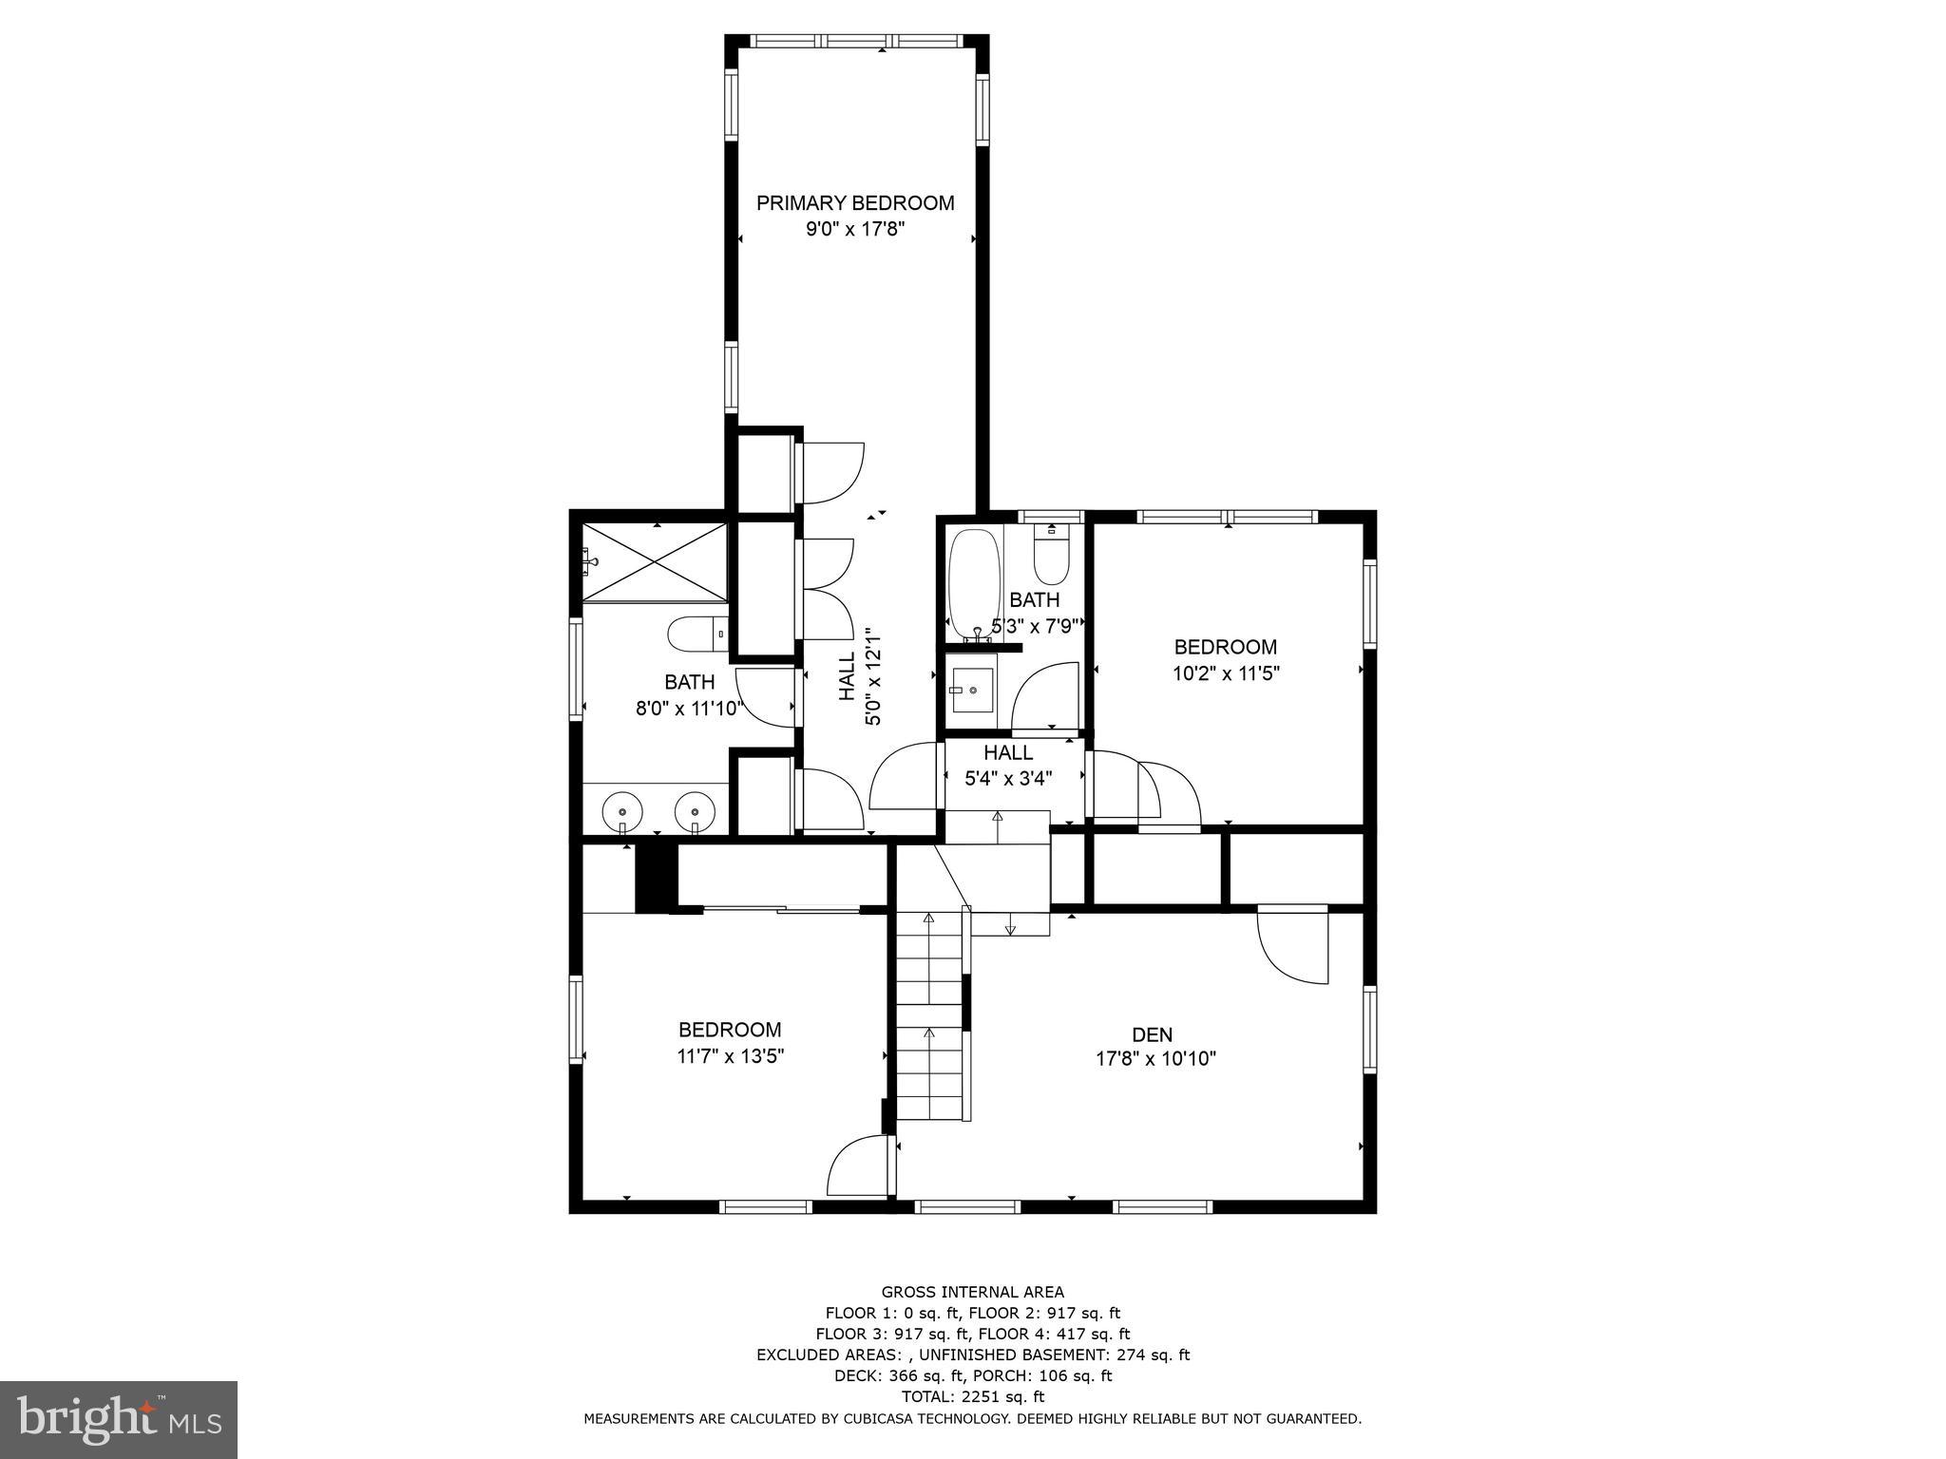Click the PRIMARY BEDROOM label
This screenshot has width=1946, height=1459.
point(854,202)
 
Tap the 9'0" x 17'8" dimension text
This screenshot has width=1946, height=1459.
point(854,229)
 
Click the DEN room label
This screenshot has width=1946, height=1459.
point(1152,1034)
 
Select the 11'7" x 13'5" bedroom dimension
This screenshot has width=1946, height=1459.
point(730,1055)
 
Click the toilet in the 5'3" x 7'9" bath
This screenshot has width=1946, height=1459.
point(1051,559)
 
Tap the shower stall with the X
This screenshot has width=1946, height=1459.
point(655,562)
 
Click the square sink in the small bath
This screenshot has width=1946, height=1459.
point(971,690)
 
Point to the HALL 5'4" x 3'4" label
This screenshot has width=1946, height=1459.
point(1008,766)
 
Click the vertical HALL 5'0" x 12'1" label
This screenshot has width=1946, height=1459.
point(860,675)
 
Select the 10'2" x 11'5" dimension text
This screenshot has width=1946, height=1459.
point(1226,673)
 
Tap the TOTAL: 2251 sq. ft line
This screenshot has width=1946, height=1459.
point(972,1396)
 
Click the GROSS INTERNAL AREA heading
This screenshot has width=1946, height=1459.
point(972,1292)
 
